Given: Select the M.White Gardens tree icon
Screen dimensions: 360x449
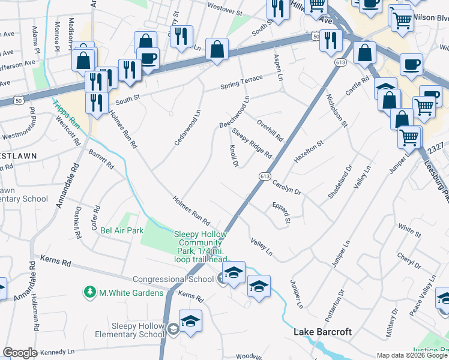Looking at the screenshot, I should (x=91, y=292).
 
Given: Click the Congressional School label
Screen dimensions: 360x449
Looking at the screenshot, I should (x=173, y=279).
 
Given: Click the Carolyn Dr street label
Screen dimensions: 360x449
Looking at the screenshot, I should (x=286, y=186).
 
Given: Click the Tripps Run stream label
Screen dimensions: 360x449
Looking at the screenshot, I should (x=66, y=112).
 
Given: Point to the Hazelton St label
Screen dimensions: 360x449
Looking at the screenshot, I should (x=309, y=151).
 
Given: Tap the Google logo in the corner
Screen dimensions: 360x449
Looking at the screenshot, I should (x=20, y=353).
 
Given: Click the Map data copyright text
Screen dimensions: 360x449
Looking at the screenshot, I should (x=412, y=355).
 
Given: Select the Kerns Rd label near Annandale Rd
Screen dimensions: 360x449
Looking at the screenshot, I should (x=55, y=262).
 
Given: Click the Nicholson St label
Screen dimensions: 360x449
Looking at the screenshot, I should (x=337, y=110).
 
